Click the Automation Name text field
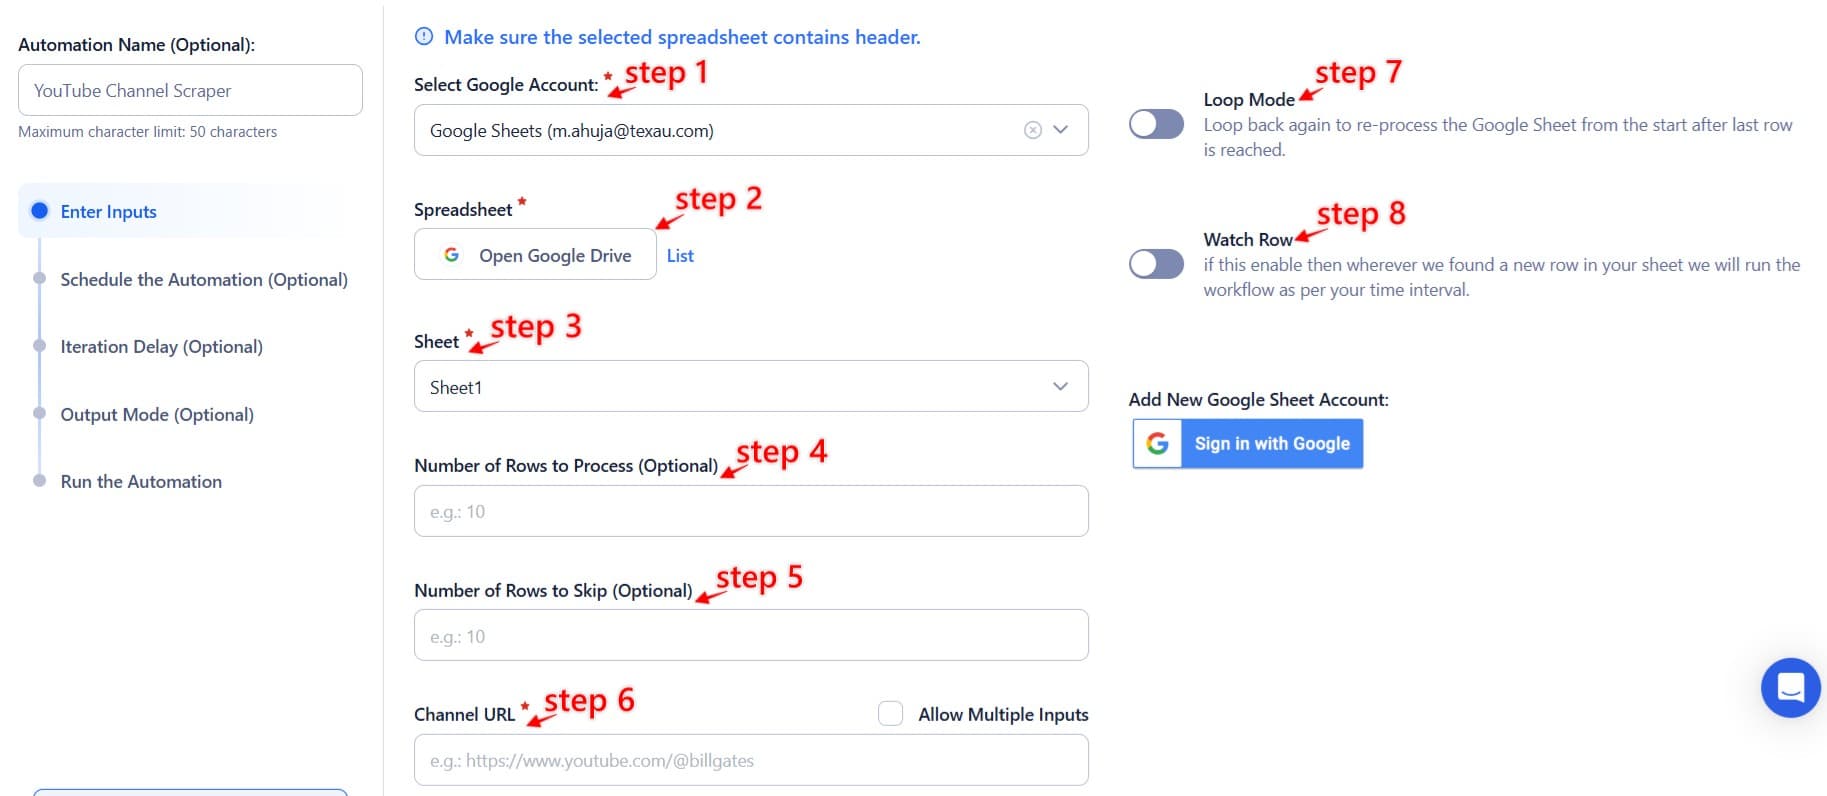click(x=190, y=91)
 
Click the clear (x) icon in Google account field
click(x=1033, y=131)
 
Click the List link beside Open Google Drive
click(x=680, y=256)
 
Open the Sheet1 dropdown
click(x=750, y=387)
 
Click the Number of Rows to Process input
click(x=750, y=512)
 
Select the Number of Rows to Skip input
click(x=750, y=636)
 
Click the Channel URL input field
click(x=750, y=761)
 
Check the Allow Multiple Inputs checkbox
click(x=890, y=714)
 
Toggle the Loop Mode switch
click(x=1156, y=124)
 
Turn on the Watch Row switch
click(x=1156, y=264)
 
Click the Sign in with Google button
click(x=1248, y=444)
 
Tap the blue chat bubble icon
click(x=1790, y=688)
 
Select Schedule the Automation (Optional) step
click(x=204, y=280)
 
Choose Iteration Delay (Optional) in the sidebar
click(x=162, y=347)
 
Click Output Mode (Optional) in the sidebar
click(x=157, y=415)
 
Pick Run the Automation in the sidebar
click(x=141, y=482)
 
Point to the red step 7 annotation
click(x=1357, y=73)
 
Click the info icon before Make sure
click(x=424, y=37)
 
